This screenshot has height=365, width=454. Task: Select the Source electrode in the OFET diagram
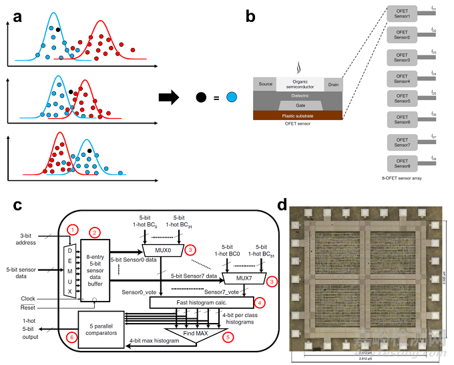(x=265, y=84)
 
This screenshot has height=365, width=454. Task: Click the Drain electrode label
(x=333, y=84)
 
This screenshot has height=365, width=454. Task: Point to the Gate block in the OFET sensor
(x=298, y=105)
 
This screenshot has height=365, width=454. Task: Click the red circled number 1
(x=73, y=230)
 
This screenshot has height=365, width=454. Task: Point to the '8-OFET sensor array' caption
(x=401, y=179)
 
